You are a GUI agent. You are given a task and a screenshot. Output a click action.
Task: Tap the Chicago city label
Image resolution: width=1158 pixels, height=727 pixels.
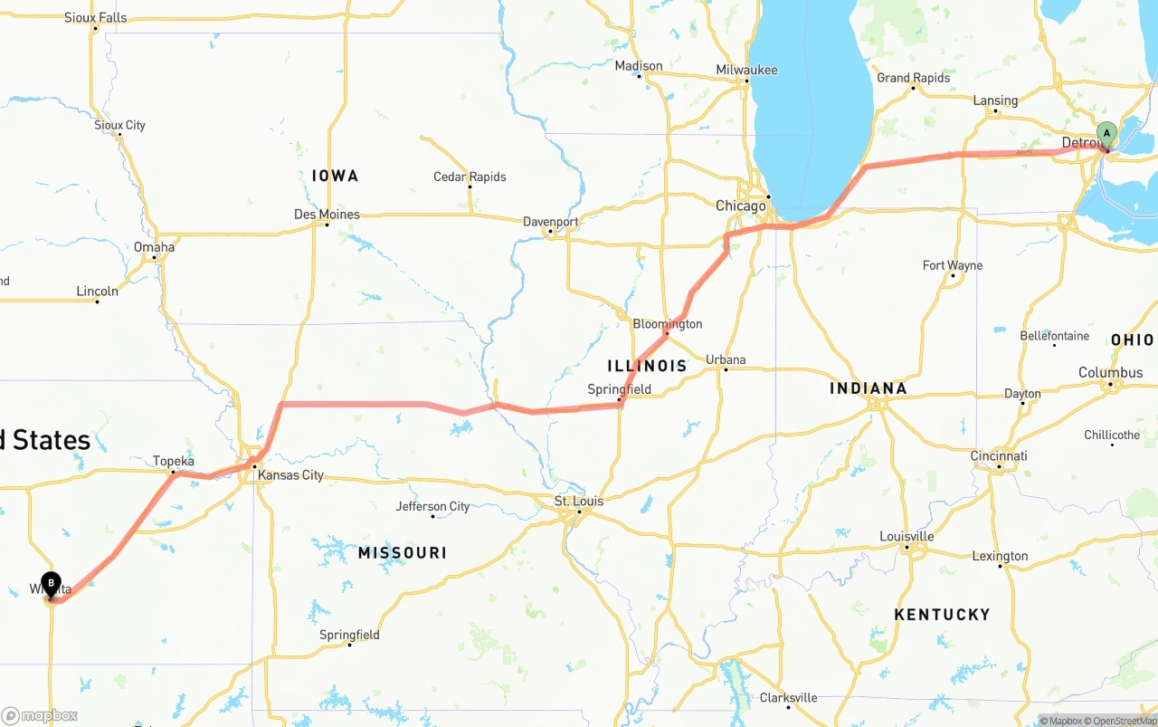click(740, 206)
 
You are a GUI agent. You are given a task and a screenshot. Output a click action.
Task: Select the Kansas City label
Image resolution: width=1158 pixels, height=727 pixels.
click(290, 475)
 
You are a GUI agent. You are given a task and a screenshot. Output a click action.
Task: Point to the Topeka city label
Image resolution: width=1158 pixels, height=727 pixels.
click(173, 461)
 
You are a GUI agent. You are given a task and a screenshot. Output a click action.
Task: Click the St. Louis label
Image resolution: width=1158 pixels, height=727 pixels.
click(579, 501)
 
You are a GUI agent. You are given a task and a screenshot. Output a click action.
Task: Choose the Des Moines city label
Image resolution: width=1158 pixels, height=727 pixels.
click(327, 215)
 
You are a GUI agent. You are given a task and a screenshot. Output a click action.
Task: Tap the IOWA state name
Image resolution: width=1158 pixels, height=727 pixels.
click(335, 176)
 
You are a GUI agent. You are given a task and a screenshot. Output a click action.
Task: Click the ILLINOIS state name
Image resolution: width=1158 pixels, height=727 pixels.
click(647, 367)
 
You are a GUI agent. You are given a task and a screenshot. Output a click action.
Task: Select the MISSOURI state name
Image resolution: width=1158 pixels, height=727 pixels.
click(402, 552)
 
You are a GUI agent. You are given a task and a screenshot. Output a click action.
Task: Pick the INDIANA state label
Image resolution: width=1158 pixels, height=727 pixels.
click(868, 388)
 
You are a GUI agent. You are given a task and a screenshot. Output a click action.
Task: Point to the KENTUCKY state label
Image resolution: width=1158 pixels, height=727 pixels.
click(942, 615)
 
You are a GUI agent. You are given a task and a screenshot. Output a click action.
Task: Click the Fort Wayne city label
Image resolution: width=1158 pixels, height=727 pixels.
click(952, 265)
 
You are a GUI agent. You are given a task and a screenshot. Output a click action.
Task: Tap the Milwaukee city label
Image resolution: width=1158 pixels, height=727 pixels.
click(746, 70)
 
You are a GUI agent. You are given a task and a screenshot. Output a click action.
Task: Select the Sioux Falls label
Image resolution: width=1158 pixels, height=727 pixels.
click(95, 17)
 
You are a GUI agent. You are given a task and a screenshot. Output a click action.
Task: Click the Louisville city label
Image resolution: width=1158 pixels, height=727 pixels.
click(906, 536)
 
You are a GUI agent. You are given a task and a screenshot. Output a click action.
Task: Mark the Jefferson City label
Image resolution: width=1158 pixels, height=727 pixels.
click(432, 506)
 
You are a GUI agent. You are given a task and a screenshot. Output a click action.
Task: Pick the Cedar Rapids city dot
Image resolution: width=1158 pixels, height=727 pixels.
click(470, 187)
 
